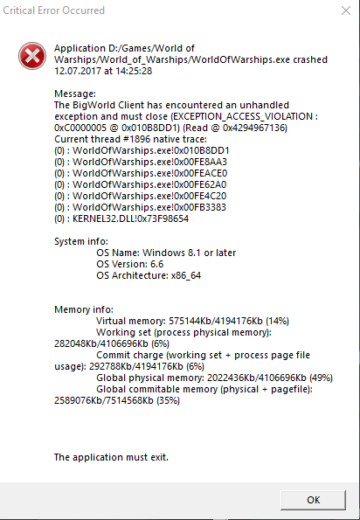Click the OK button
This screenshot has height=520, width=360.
[313, 500]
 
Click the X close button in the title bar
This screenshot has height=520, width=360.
[346, 10]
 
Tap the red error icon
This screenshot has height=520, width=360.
[32, 56]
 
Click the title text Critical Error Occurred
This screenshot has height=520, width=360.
[53, 10]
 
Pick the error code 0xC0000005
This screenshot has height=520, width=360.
[80, 128]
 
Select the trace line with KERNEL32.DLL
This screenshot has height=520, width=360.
[121, 218]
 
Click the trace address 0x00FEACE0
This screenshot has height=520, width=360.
[203, 173]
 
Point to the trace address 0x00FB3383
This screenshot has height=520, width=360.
[202, 207]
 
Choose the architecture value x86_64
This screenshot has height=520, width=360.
[186, 276]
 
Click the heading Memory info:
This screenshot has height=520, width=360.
[84, 309]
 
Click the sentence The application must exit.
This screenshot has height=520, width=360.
[111, 457]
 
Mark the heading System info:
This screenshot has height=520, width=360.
[81, 241]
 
